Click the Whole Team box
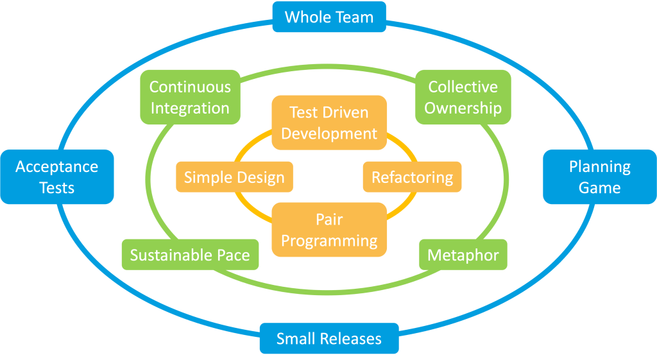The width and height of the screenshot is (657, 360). click(329, 17)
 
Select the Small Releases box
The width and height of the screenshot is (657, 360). click(329, 338)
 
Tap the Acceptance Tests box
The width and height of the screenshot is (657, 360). click(57, 177)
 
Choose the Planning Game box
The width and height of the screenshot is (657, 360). click(600, 177)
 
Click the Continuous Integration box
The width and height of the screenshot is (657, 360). click(190, 98)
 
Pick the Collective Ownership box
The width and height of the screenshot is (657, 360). click(463, 98)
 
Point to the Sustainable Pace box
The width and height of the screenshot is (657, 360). click(190, 255)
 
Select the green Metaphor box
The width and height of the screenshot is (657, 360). click(463, 255)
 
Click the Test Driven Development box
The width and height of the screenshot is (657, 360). click(329, 123)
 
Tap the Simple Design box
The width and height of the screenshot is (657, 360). click(234, 177)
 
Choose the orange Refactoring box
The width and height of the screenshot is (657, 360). click(413, 177)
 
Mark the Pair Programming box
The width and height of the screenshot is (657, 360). click(329, 230)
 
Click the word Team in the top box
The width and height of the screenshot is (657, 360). click(354, 17)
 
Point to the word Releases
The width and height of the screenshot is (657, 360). click(350, 338)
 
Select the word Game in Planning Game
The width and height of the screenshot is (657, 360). click(600, 188)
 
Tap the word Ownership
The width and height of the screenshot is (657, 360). click(463, 108)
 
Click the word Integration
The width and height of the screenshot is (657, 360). click(190, 108)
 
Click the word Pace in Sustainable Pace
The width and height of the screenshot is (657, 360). click(233, 255)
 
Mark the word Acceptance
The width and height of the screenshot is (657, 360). click(57, 167)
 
